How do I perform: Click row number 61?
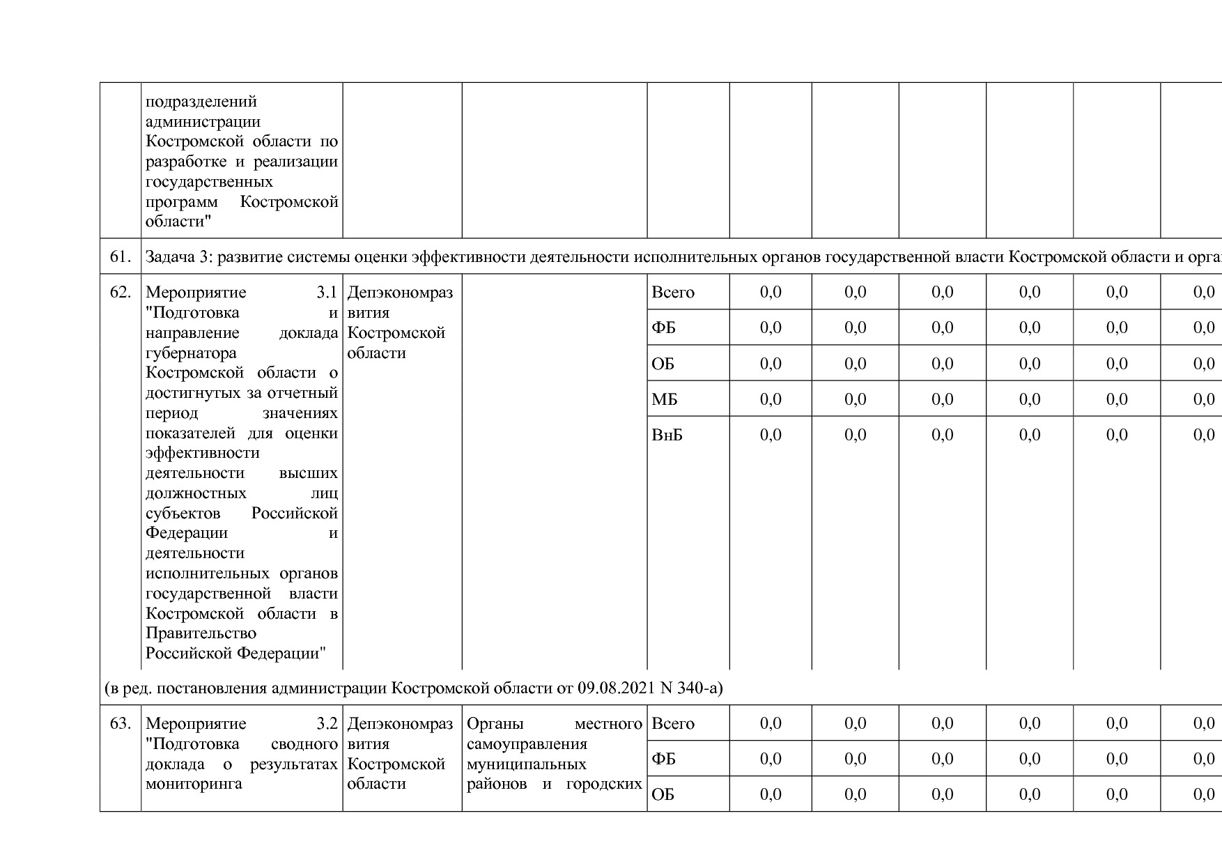click(x=120, y=256)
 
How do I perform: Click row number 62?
click(x=120, y=292)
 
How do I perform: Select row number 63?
click(x=120, y=723)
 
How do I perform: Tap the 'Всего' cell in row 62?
click(x=673, y=292)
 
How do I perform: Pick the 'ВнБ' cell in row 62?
click(x=667, y=435)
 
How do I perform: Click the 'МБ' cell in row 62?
click(x=664, y=399)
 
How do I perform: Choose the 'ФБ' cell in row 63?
click(x=663, y=759)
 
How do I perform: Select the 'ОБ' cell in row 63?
click(x=663, y=794)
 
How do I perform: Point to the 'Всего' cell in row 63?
click(x=673, y=723)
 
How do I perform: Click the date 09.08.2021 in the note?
click(x=616, y=688)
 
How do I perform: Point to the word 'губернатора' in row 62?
click(x=191, y=353)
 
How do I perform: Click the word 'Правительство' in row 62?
click(x=201, y=633)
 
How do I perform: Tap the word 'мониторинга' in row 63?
click(x=194, y=784)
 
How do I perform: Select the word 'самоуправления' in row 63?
click(x=527, y=743)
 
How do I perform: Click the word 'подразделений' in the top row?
click(x=201, y=102)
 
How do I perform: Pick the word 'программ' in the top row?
click(x=181, y=202)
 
